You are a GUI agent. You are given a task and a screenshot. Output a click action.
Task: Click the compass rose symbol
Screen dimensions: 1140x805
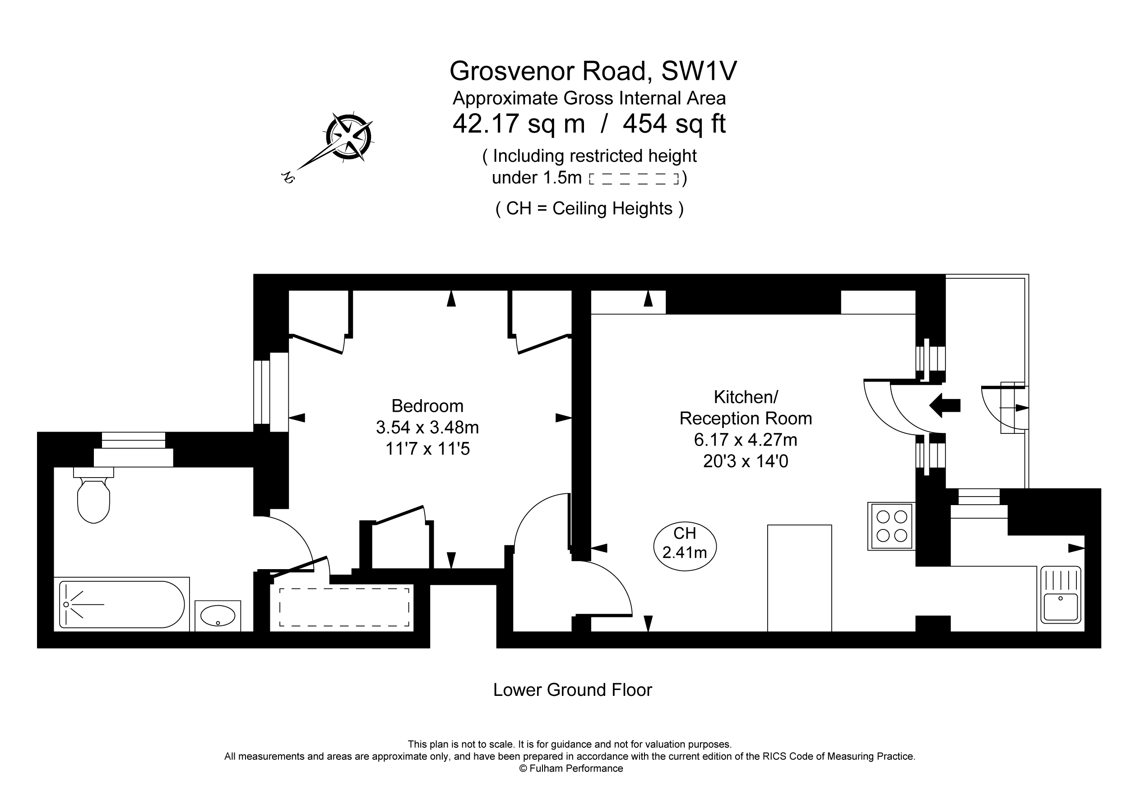(x=349, y=137)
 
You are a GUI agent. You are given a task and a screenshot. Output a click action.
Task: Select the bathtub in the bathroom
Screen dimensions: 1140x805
(x=122, y=604)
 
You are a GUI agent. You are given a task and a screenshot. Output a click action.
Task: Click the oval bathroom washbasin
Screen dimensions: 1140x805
(x=218, y=616)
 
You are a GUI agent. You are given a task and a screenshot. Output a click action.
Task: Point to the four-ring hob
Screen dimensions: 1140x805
(x=892, y=526)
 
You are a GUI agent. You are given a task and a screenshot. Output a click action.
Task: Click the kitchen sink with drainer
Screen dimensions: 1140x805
(x=1061, y=594)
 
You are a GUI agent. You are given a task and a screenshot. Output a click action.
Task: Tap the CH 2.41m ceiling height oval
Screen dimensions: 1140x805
(x=685, y=547)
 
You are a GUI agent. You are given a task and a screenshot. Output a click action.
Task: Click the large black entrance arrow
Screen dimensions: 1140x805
(x=945, y=405)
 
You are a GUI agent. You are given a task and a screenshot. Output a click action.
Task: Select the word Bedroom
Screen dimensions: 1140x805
(x=427, y=406)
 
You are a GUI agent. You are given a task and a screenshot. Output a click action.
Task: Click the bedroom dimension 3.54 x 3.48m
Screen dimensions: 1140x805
(x=427, y=428)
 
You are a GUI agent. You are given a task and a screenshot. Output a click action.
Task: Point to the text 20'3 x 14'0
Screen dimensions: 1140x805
(x=745, y=461)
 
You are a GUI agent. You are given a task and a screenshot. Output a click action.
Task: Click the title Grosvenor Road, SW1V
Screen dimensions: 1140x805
(x=593, y=70)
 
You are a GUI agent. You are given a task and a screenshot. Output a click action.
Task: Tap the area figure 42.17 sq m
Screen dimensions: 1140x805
(x=519, y=124)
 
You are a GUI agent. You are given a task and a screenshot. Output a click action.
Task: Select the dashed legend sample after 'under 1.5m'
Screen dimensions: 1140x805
(x=634, y=179)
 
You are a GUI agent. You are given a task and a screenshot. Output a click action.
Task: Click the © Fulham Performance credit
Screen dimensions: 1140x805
(x=570, y=769)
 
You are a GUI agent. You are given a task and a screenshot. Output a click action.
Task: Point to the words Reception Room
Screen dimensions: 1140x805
(x=745, y=419)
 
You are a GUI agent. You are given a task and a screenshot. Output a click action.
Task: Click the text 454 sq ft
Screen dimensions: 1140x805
(x=674, y=124)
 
